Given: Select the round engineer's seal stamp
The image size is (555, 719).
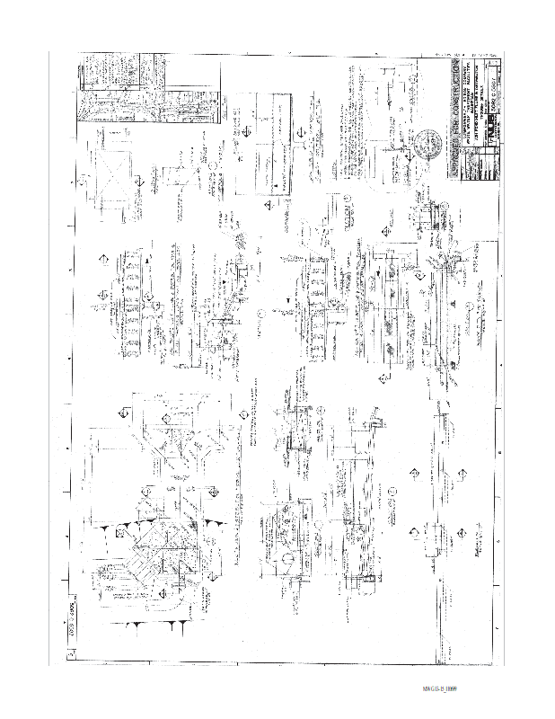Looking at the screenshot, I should point(425,144).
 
